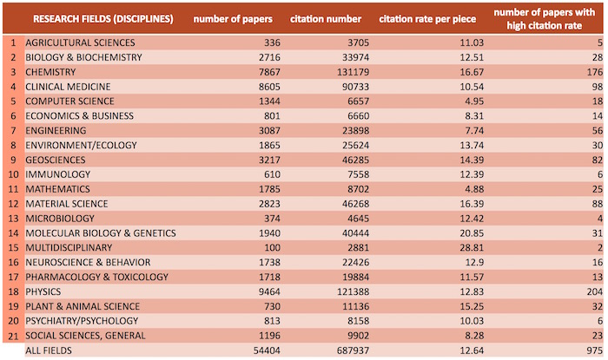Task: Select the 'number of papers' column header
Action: click(x=233, y=18)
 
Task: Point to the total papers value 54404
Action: click(x=257, y=350)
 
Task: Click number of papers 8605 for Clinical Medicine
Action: click(x=260, y=86)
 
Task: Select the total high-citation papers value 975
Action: click(x=593, y=350)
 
